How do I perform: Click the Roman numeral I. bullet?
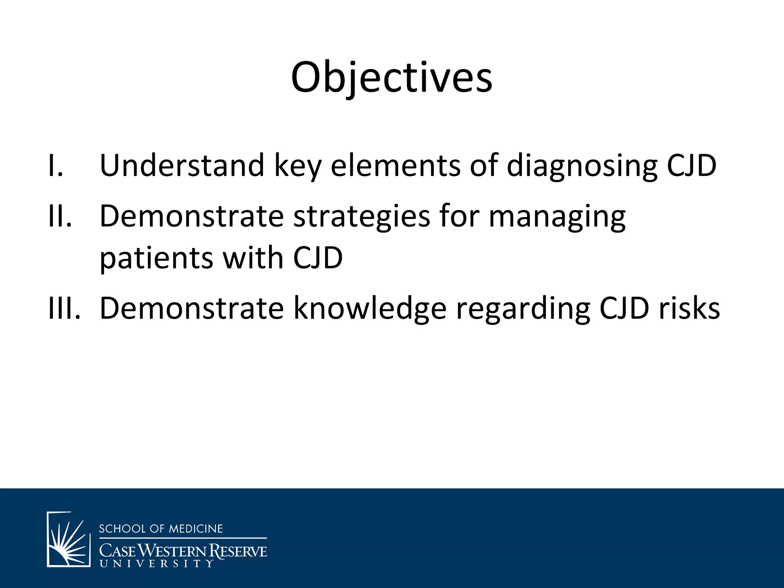(56, 165)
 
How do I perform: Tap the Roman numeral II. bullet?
(60, 216)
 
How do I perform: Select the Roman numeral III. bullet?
(64, 308)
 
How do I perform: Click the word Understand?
(182, 165)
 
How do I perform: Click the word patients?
(156, 258)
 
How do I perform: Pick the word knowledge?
(370, 309)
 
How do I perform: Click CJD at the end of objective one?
(691, 165)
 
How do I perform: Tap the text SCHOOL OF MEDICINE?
(161, 529)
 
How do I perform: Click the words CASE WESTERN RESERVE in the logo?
(183, 551)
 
